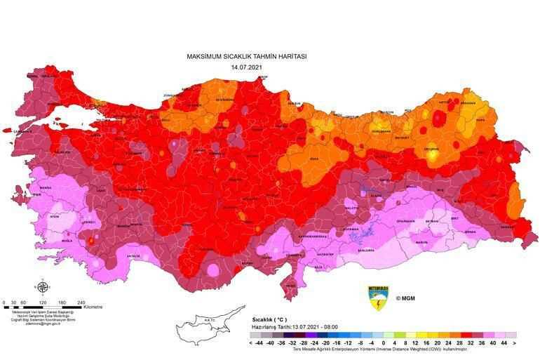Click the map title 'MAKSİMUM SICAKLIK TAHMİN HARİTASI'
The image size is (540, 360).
click(x=246, y=56)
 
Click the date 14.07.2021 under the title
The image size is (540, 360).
click(x=246, y=67)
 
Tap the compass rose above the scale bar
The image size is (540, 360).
click(x=43, y=286)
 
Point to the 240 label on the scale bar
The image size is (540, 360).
click(x=81, y=302)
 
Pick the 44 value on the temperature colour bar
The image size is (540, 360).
click(x=503, y=343)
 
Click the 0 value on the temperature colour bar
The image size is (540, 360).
click(x=382, y=343)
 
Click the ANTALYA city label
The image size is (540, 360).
click(x=133, y=256)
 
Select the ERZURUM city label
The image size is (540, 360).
click(x=431, y=149)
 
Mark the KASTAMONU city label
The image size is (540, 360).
click(x=224, y=100)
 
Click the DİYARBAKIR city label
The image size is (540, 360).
click(x=406, y=220)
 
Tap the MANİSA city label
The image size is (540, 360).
click(x=46, y=188)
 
